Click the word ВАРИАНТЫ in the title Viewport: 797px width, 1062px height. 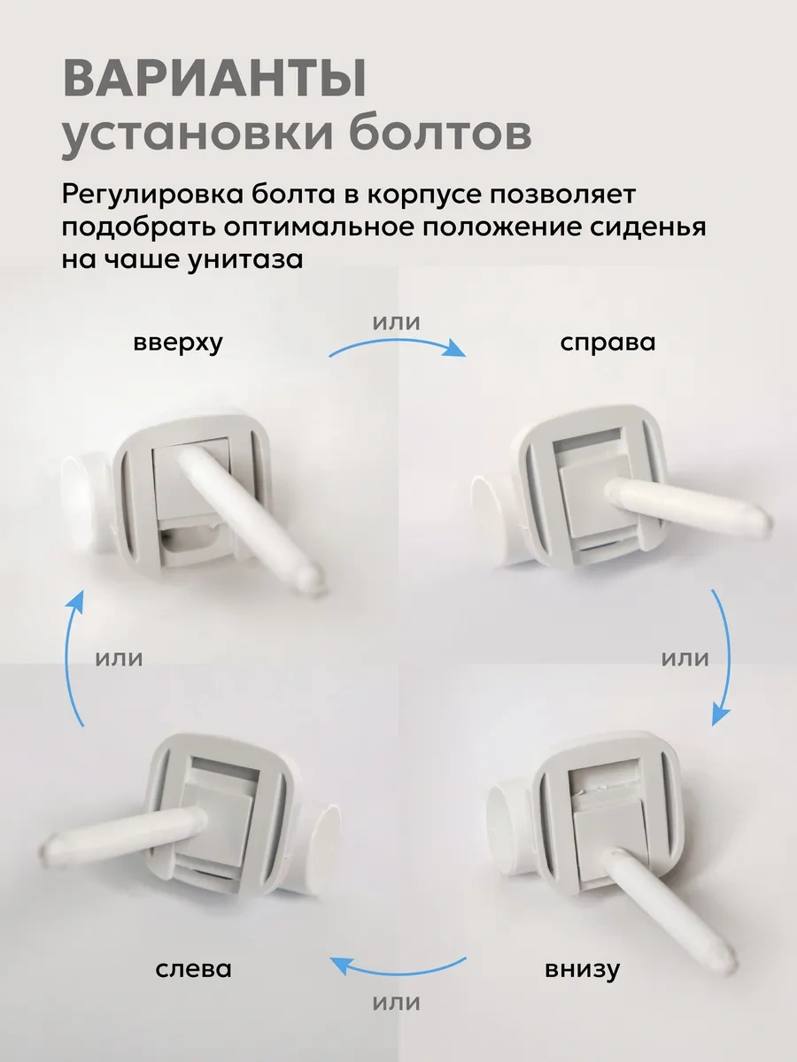(x=214, y=79)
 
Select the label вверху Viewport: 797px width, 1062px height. (x=178, y=343)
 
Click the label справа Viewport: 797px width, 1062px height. (x=607, y=343)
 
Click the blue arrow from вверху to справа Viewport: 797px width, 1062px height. (x=398, y=346)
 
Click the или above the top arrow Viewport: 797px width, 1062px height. (x=397, y=323)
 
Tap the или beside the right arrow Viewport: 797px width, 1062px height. (x=685, y=658)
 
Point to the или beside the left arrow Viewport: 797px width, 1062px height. (x=119, y=658)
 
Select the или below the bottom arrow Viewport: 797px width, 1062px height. (x=397, y=1003)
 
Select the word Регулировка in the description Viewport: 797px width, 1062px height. (x=151, y=195)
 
